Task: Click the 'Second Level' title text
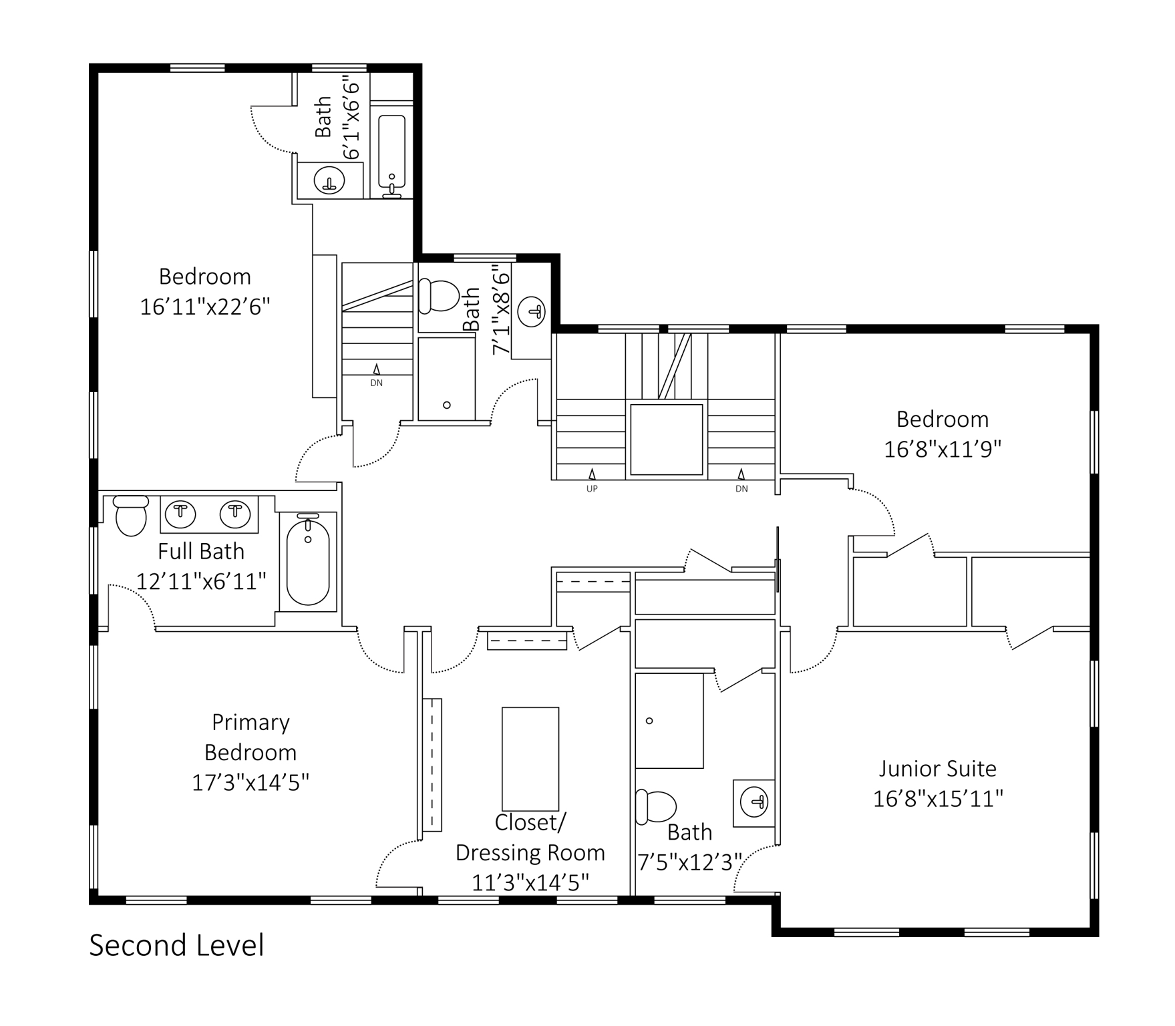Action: (x=176, y=946)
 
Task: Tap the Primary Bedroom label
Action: (x=250, y=737)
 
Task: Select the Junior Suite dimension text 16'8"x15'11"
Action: (x=939, y=799)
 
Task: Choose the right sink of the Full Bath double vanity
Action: (x=234, y=514)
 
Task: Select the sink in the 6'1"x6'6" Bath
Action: (x=329, y=180)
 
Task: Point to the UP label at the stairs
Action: (x=592, y=489)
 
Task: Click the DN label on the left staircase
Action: (x=377, y=383)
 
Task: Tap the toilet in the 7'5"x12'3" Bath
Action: (x=655, y=807)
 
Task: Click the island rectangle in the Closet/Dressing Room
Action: (x=530, y=759)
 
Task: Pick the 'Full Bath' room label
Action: (x=201, y=552)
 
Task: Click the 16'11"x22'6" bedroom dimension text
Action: (x=205, y=307)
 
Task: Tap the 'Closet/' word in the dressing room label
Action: (x=530, y=823)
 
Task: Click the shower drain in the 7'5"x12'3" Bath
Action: (x=649, y=721)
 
